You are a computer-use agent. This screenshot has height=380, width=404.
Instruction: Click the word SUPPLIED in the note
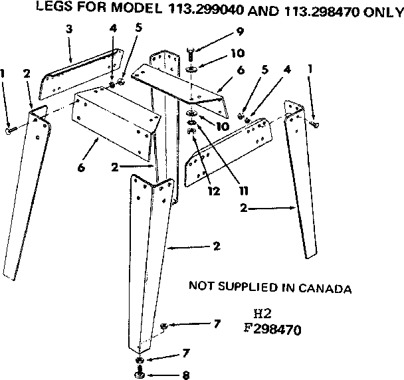click(249, 288)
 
